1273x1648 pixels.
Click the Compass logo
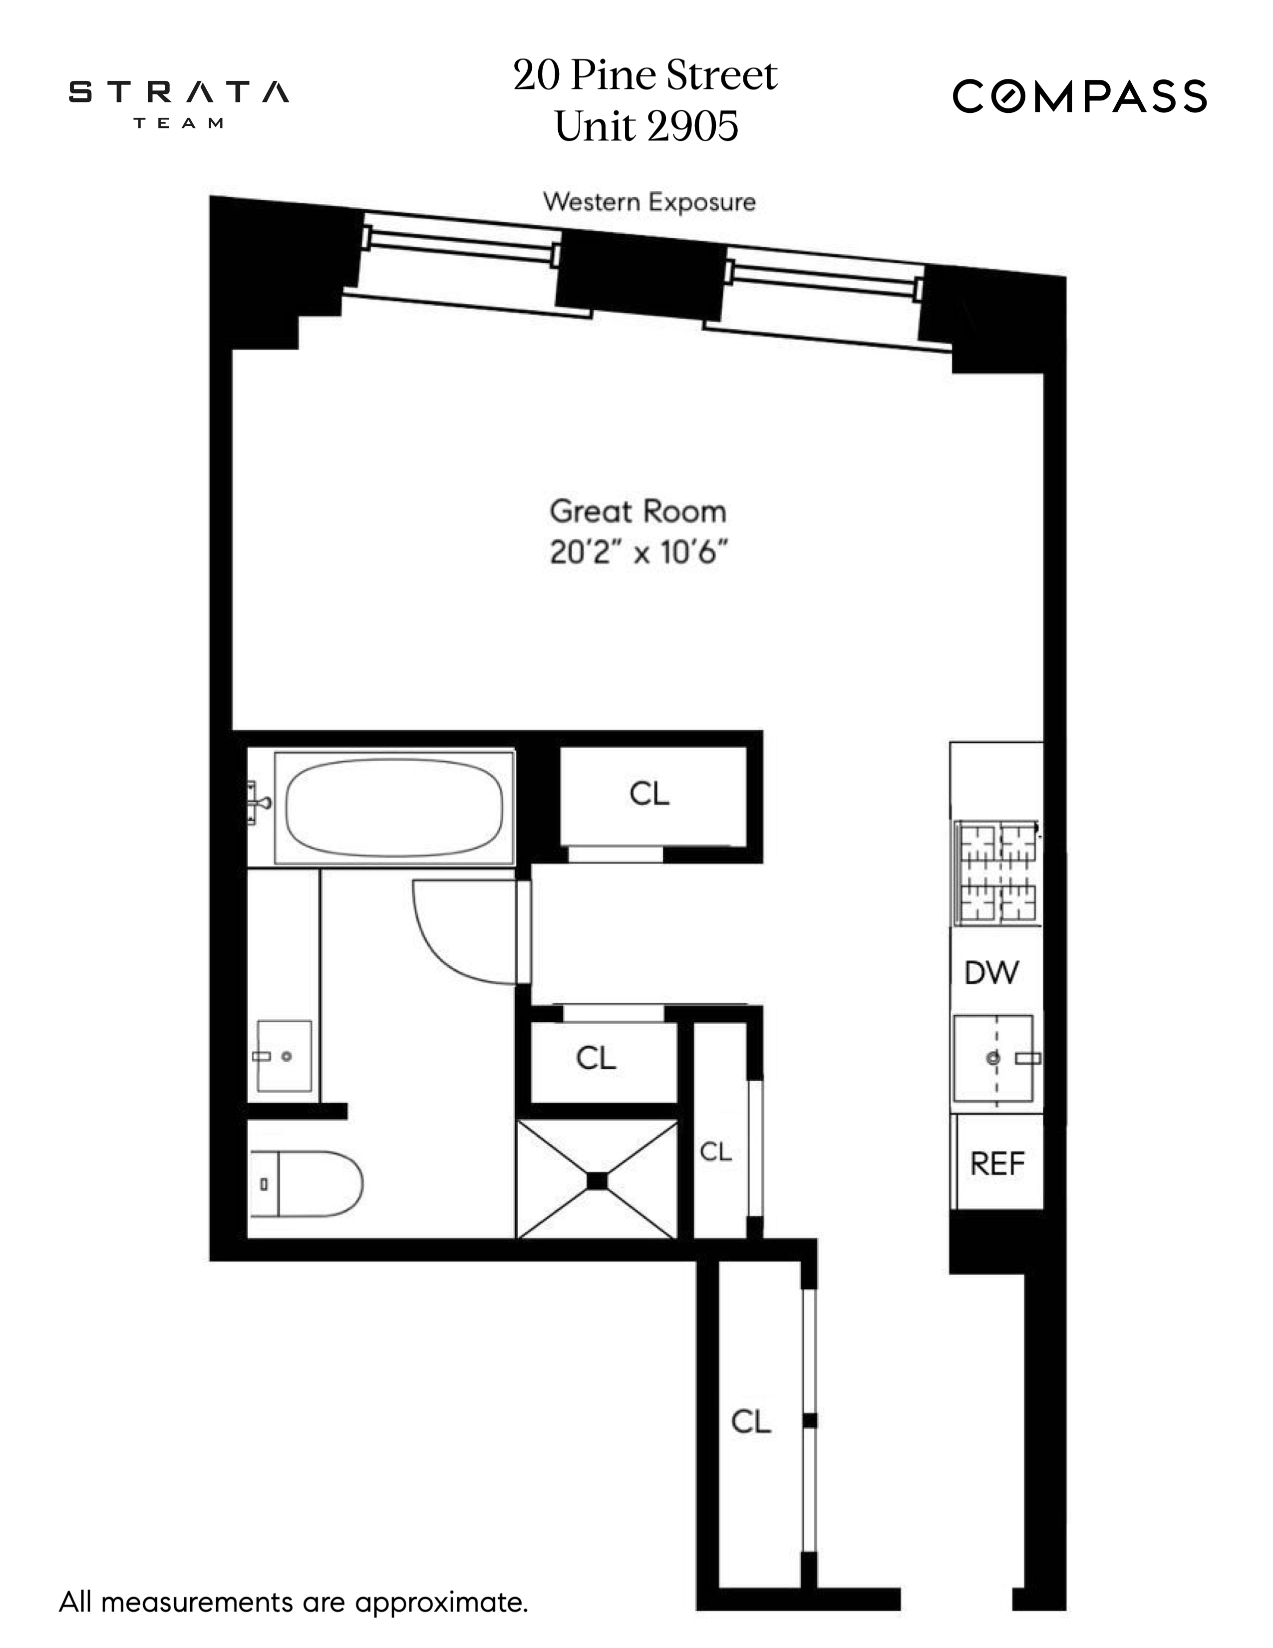(x=1079, y=96)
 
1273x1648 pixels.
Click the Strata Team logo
(x=179, y=102)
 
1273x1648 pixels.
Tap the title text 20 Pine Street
(x=645, y=75)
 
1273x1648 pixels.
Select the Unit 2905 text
(x=646, y=126)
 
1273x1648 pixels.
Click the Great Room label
(x=638, y=511)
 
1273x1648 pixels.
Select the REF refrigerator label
(x=997, y=1164)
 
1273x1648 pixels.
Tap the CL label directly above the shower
(x=596, y=1058)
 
